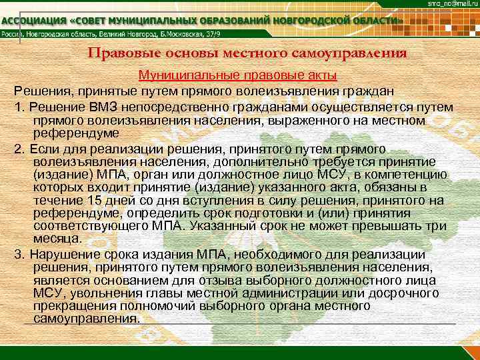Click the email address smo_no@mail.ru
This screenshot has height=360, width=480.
pyautogui.click(x=449, y=4)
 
